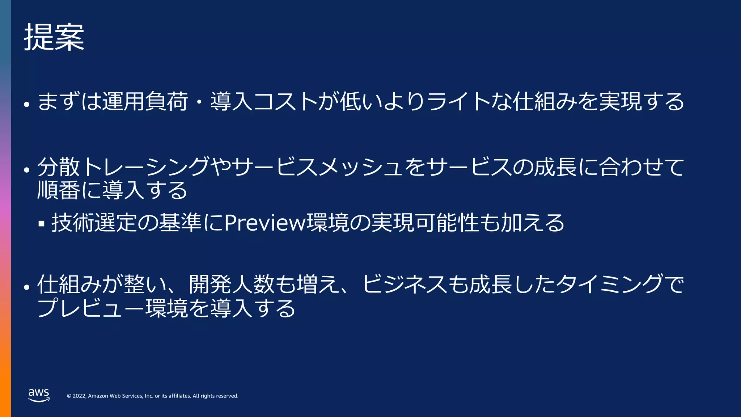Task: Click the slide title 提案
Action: pyautogui.click(x=54, y=37)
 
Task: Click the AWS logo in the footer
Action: pyautogui.click(x=39, y=395)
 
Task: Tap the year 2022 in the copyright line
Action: pyautogui.click(x=79, y=396)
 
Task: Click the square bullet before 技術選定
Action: pyautogui.click(x=42, y=224)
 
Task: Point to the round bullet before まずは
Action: pyautogui.click(x=26, y=105)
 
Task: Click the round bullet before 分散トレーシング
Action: pyautogui.click(x=26, y=170)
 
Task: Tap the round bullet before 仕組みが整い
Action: pyautogui.click(x=26, y=287)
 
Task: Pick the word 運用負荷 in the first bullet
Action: pyautogui.click(x=145, y=101)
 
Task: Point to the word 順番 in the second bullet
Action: pyautogui.click(x=58, y=190)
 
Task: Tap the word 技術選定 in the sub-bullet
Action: pyautogui.click(x=94, y=222)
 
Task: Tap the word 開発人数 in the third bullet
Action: pyautogui.click(x=232, y=285)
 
